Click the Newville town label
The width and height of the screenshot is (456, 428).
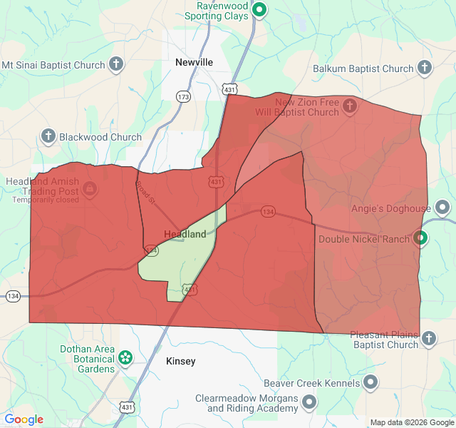[194, 62]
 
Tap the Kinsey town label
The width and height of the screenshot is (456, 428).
[180, 361]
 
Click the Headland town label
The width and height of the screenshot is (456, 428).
[185, 234]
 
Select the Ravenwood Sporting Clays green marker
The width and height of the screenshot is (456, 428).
[260, 10]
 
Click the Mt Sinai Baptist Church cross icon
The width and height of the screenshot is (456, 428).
[115, 65]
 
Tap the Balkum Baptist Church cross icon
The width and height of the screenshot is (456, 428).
[424, 68]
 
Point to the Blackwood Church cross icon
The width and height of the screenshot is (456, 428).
[48, 136]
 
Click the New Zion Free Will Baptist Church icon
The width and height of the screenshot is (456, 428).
[349, 107]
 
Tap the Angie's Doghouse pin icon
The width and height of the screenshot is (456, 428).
[442, 208]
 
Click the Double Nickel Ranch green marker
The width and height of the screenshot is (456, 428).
[420, 239]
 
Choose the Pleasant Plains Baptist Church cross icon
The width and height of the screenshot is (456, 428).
[428, 339]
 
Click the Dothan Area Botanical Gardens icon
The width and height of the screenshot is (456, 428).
[125, 357]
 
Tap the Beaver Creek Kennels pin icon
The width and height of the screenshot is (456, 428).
[370, 383]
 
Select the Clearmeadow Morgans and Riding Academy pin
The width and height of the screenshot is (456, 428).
[309, 403]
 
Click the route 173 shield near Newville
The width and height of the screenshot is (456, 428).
[184, 96]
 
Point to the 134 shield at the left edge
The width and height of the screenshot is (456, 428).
[13, 295]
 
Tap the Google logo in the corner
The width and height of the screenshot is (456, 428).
[24, 419]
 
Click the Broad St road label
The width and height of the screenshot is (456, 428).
[145, 191]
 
